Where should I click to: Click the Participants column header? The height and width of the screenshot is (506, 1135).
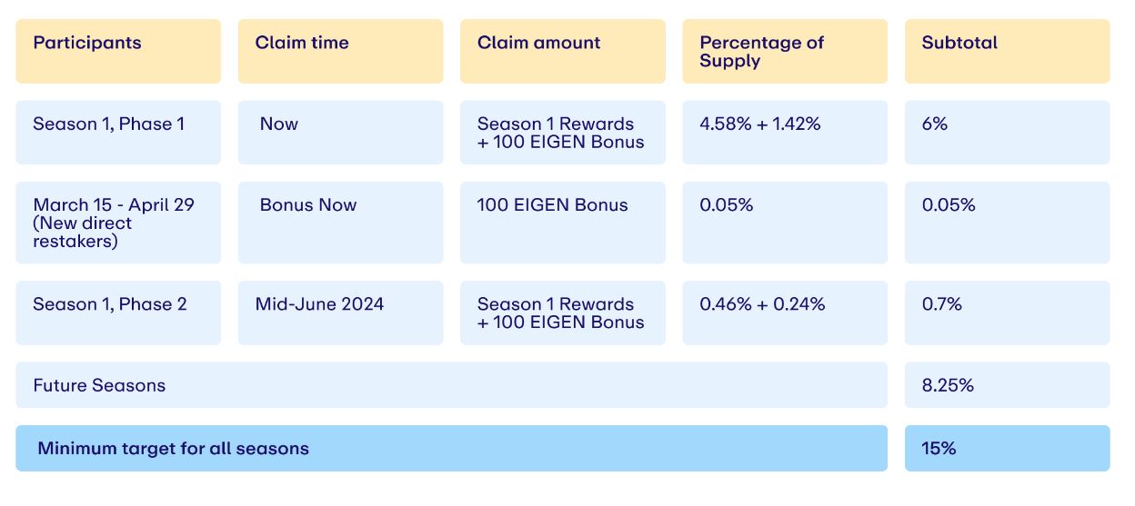[x=87, y=43]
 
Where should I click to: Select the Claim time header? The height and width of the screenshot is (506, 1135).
[x=302, y=43]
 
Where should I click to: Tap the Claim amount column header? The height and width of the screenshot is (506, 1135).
[x=538, y=43]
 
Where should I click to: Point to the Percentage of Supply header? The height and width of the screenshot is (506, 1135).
[x=761, y=52]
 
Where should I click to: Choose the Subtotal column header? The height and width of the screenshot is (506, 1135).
[x=959, y=43]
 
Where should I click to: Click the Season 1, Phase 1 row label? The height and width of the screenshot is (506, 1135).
[x=108, y=124]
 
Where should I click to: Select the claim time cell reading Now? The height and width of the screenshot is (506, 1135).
[x=278, y=124]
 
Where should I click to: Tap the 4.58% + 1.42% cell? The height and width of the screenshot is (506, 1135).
[x=760, y=124]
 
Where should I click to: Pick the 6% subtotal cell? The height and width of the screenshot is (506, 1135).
[x=934, y=124]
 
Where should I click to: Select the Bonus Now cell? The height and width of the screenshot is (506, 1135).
[x=308, y=205]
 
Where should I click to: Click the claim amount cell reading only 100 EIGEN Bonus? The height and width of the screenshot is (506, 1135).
[x=552, y=205]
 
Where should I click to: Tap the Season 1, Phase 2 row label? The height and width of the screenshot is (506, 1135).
[x=110, y=304]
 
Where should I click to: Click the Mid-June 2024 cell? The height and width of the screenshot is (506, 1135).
[x=319, y=304]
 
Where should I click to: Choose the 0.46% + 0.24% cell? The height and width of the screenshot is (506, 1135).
[x=762, y=304]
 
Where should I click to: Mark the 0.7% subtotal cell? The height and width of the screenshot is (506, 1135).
[x=941, y=304]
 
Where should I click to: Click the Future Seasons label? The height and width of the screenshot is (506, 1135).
[x=99, y=385]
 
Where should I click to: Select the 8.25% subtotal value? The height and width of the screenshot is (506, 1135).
[x=948, y=385]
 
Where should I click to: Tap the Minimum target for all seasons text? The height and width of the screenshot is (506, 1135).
[x=174, y=449]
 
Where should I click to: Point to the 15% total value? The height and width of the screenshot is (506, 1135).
[x=939, y=449]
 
